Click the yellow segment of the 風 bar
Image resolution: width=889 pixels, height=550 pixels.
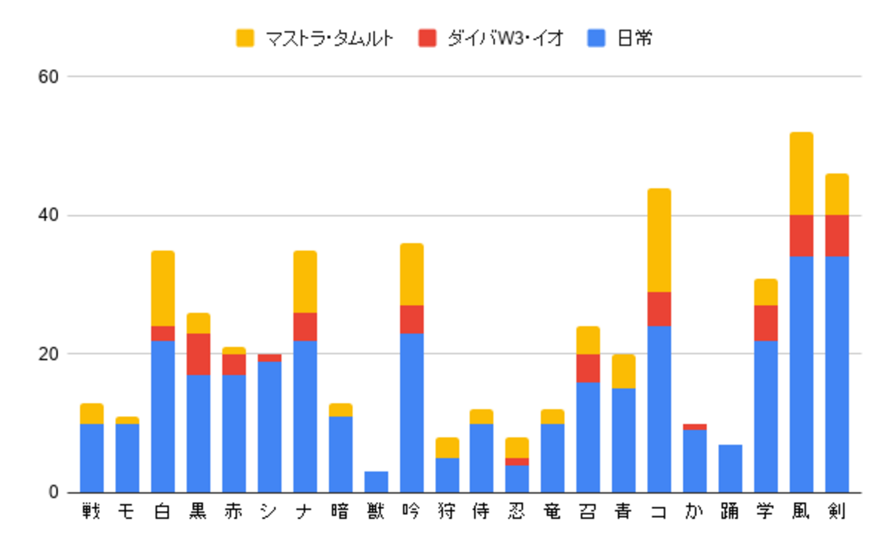pos(801,174)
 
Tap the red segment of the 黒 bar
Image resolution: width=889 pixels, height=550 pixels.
pos(198,354)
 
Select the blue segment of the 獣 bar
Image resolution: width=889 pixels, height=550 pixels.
pos(376,482)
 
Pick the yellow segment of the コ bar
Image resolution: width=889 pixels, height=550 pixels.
pos(659,240)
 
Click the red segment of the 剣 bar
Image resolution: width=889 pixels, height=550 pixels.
pos(836,236)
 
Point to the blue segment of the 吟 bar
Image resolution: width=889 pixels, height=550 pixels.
pos(412,413)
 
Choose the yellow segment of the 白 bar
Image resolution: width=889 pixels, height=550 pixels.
pos(163,289)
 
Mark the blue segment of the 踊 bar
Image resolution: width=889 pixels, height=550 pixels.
pos(730,469)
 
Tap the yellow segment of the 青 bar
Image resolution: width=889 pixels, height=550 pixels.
pos(623,371)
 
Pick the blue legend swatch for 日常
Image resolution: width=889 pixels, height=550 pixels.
pos(597,39)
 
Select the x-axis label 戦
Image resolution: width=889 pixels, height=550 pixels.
pos(92,512)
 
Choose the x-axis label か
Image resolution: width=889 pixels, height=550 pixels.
pos(694,512)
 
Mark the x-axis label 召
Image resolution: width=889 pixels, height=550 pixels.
pos(587,512)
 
